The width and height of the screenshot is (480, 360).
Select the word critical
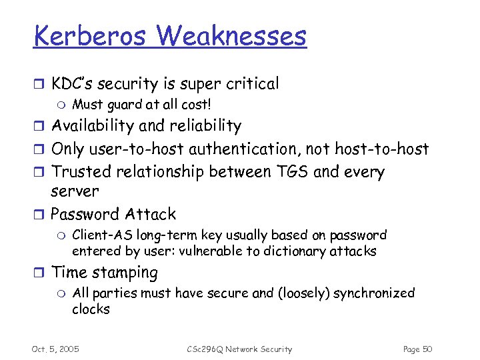[x=250, y=83]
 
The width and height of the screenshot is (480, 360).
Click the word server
[x=75, y=191]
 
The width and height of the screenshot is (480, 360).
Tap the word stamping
[x=126, y=273]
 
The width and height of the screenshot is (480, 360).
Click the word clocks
[x=91, y=309]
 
